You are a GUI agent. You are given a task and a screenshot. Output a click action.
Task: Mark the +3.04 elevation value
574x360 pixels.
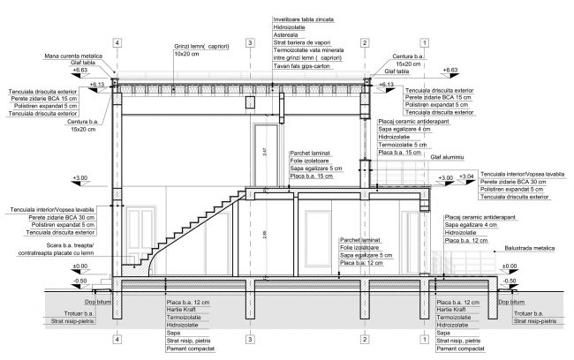coord(467,176)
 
